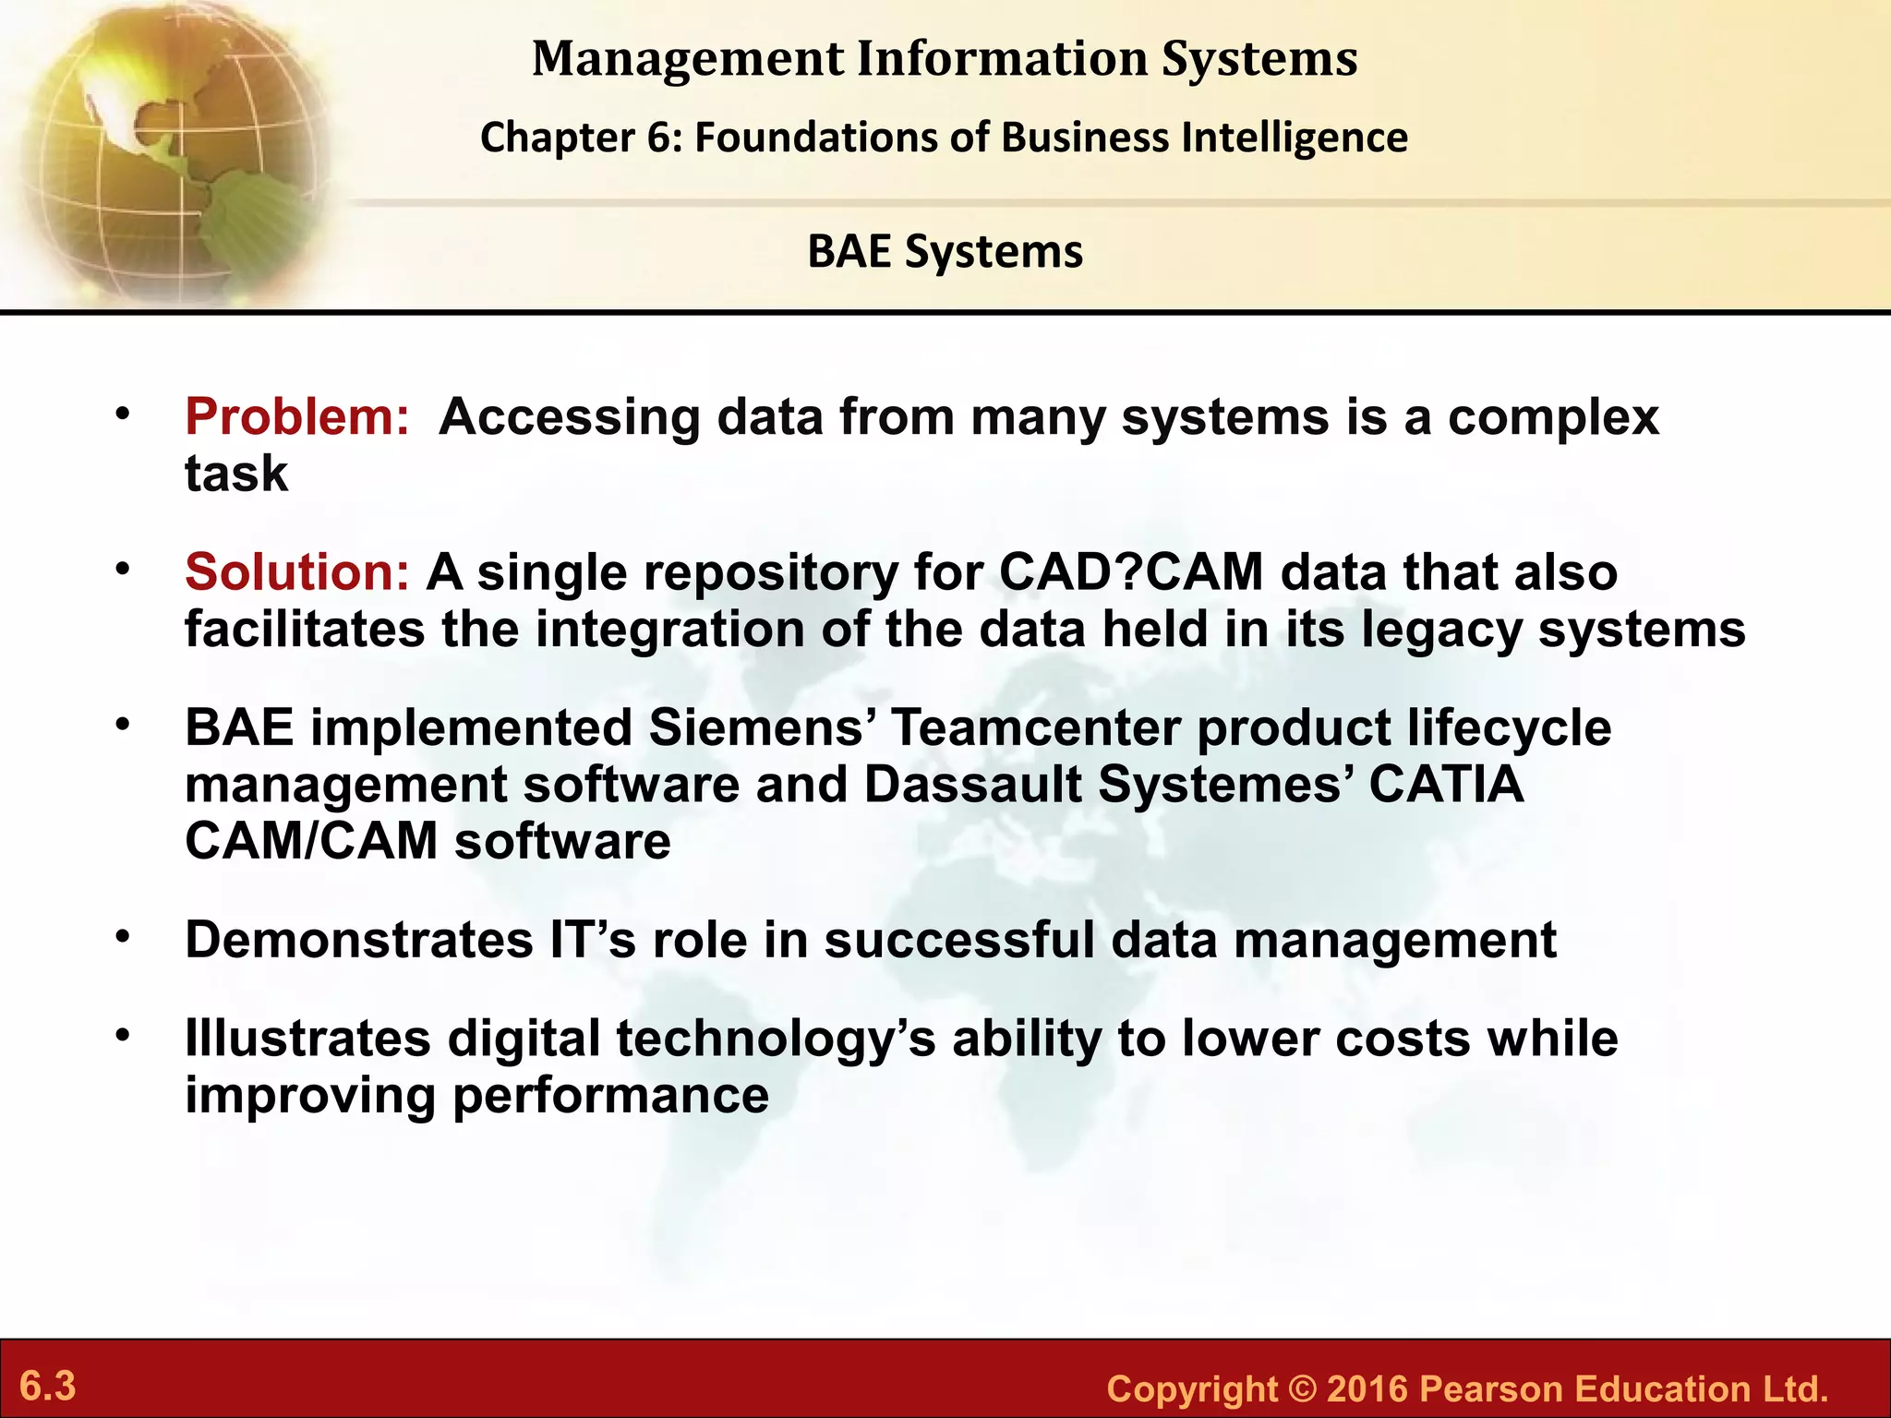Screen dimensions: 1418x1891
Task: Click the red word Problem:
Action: tap(296, 417)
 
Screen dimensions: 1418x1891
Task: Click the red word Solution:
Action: tap(296, 572)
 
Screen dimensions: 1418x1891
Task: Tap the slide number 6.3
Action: tap(48, 1387)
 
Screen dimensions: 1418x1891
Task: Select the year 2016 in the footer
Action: tap(1366, 1389)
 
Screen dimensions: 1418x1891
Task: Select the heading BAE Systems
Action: tap(945, 252)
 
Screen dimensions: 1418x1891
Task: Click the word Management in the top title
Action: tap(688, 59)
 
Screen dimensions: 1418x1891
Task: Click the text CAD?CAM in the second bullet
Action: tap(1130, 572)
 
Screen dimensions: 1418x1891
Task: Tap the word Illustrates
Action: tap(307, 1039)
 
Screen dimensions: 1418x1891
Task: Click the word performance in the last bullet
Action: tap(610, 1096)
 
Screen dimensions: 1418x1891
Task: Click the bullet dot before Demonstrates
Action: tap(123, 938)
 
